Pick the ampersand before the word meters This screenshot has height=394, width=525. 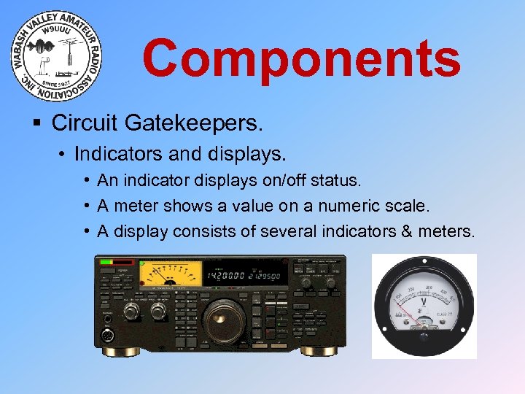click(412, 232)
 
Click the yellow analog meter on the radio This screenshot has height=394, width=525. click(170, 274)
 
